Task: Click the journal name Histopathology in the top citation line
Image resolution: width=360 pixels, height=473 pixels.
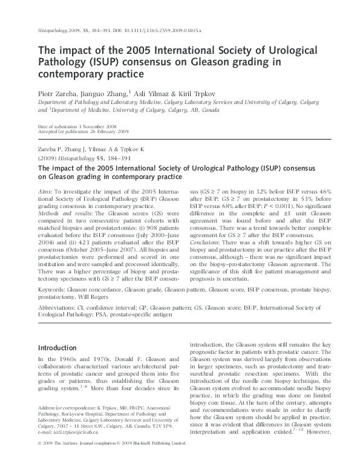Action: [53, 28]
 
